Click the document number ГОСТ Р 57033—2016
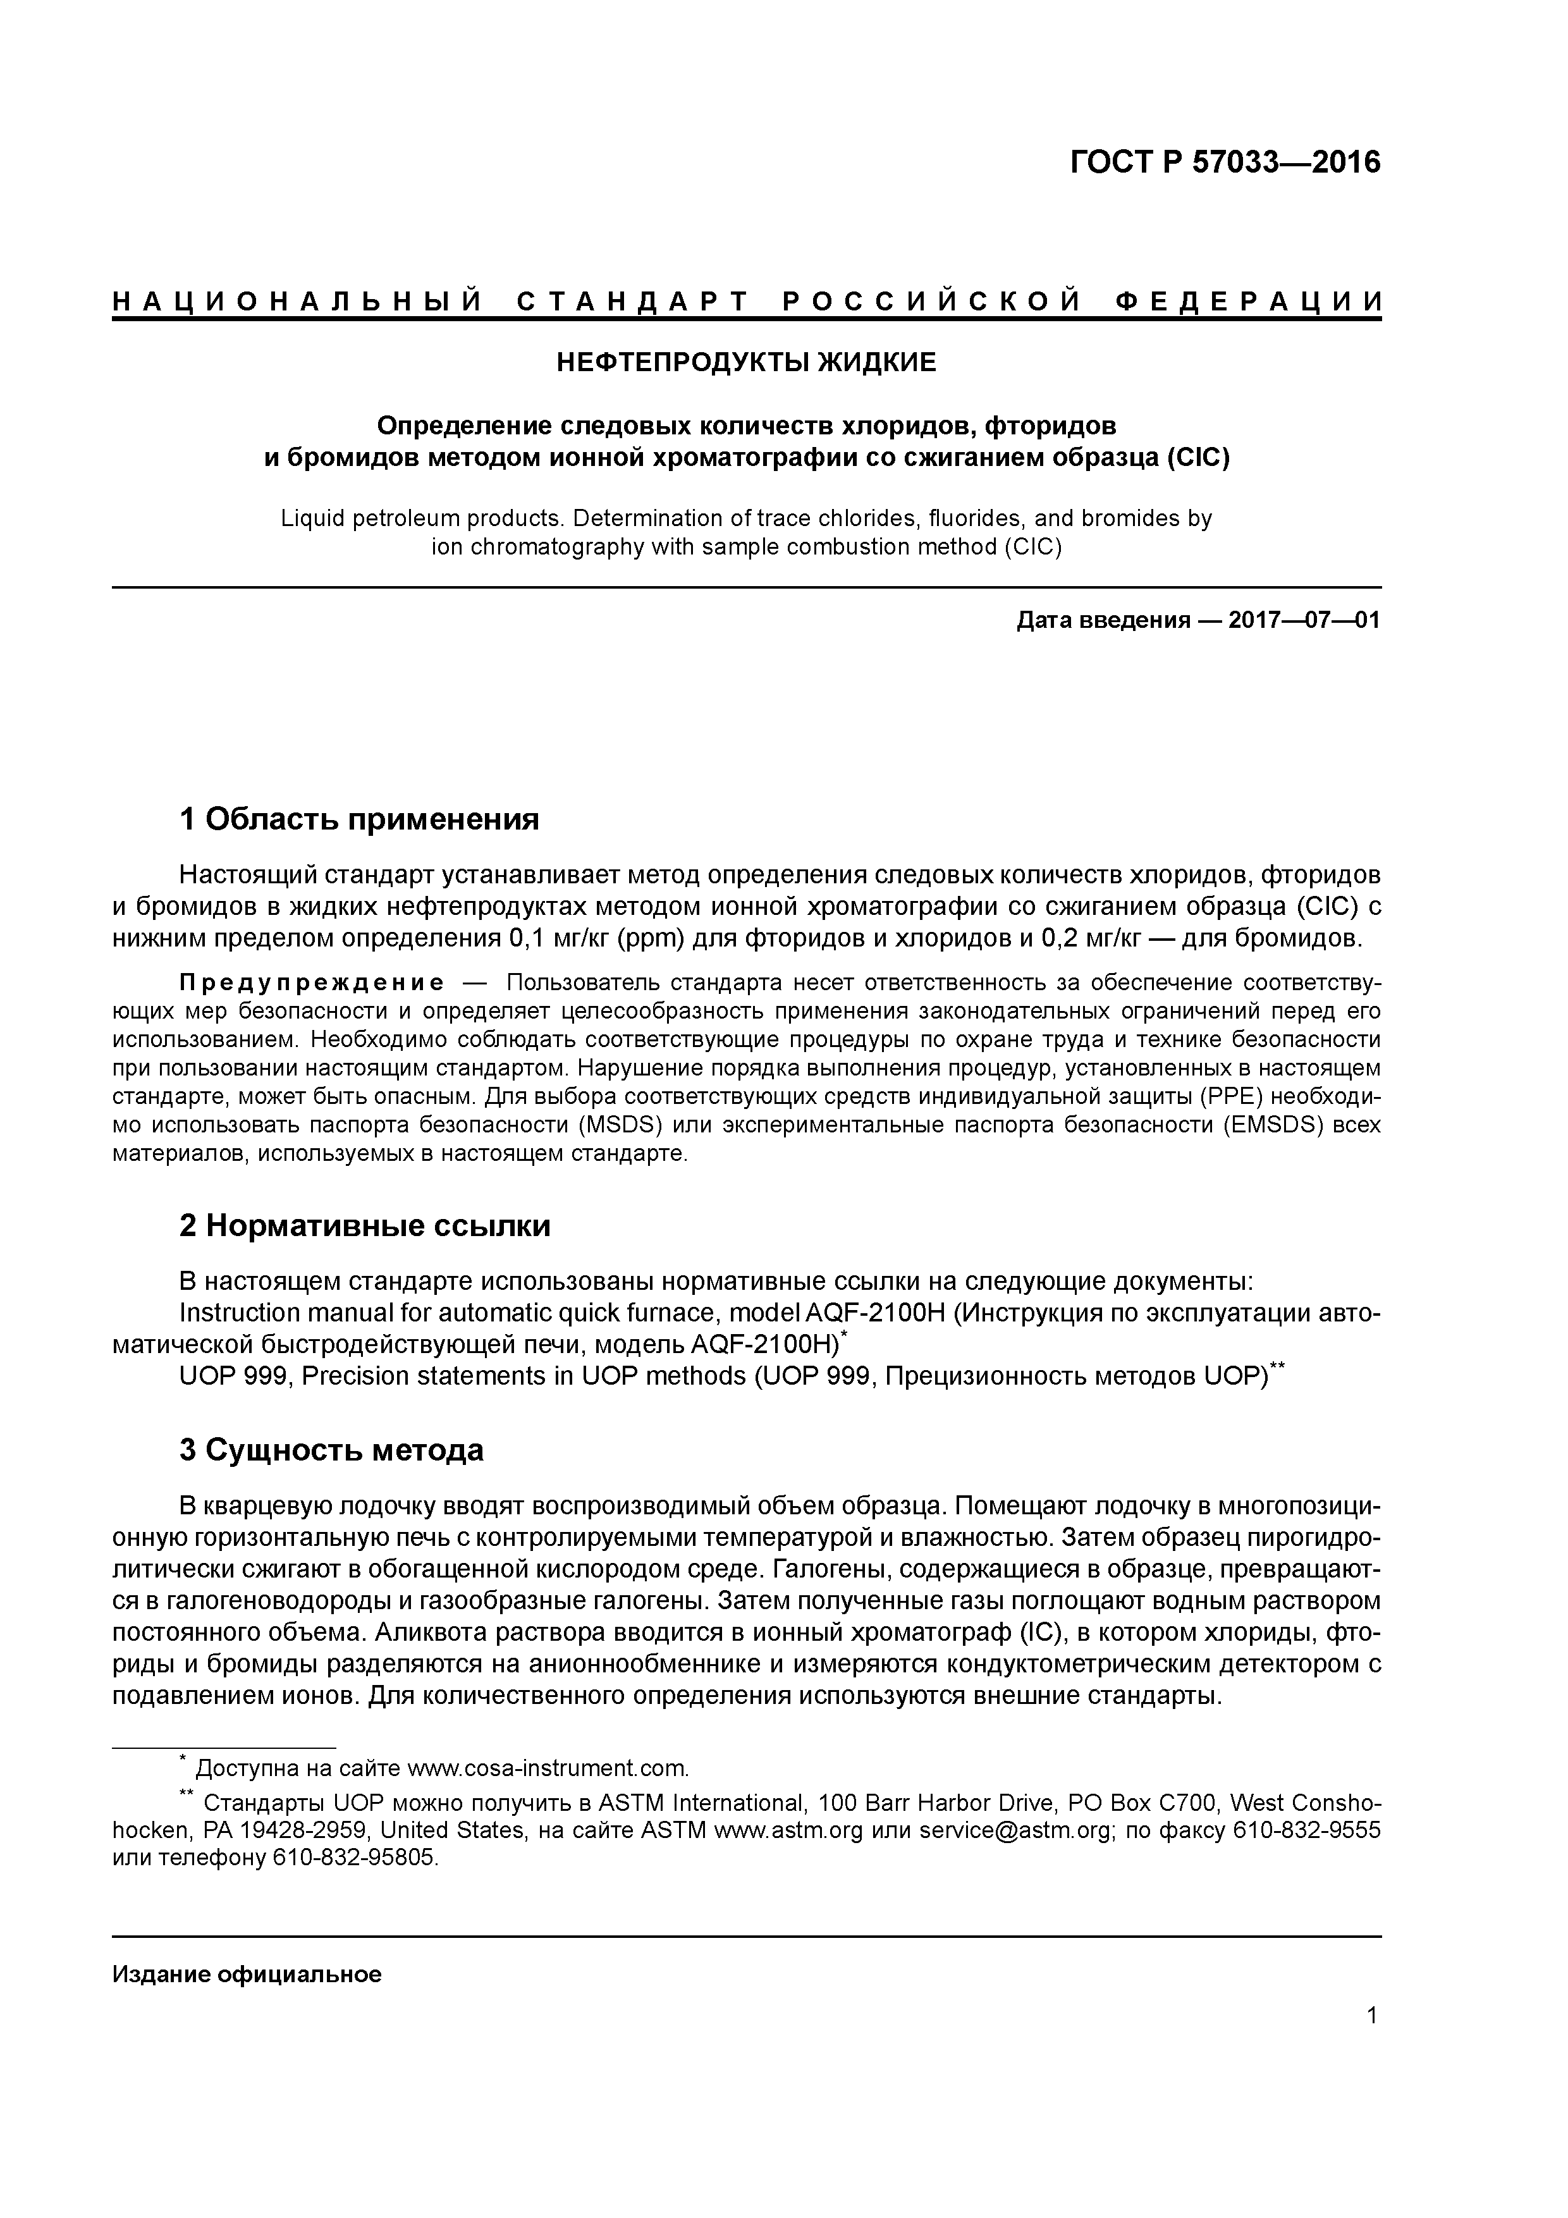tap(1225, 162)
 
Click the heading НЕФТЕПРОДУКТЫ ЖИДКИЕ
tap(746, 363)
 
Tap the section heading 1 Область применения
tap(358, 819)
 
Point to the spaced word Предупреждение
tap(311, 983)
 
